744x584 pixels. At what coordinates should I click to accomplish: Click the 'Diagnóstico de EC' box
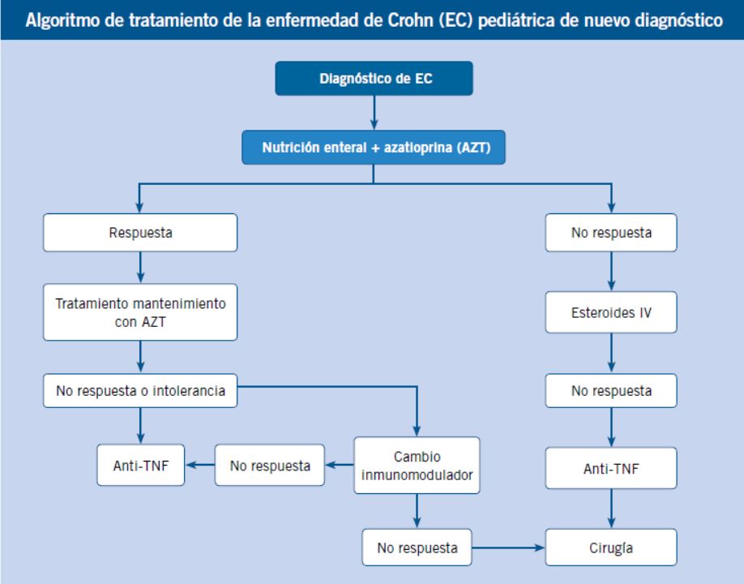click(x=374, y=79)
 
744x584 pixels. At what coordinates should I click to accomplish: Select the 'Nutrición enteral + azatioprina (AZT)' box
click(x=374, y=147)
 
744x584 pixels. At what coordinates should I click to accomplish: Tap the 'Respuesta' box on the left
click(x=140, y=233)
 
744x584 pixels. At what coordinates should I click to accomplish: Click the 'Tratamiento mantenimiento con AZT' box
click(x=140, y=312)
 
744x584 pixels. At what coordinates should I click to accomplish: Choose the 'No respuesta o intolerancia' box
click(x=140, y=391)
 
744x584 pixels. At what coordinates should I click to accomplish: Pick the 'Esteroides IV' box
click(x=611, y=312)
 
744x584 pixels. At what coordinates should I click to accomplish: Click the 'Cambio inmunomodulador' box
click(x=417, y=466)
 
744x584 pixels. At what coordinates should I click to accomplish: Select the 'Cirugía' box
click(x=611, y=547)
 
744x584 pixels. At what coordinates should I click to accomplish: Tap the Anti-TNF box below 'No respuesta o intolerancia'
click(x=140, y=466)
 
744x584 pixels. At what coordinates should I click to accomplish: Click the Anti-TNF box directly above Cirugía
click(x=611, y=468)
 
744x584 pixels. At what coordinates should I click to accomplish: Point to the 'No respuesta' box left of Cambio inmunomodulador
click(x=270, y=466)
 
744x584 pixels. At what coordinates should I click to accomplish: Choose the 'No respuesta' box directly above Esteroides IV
click(x=611, y=233)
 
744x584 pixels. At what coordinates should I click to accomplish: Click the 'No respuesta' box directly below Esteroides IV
click(x=611, y=391)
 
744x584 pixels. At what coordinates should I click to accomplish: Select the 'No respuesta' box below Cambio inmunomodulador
click(x=417, y=547)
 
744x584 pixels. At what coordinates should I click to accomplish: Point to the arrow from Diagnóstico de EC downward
click(x=374, y=113)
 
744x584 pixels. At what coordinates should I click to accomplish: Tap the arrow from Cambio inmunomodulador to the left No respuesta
click(x=340, y=465)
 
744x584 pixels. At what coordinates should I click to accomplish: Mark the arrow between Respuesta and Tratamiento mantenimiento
click(x=140, y=268)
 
